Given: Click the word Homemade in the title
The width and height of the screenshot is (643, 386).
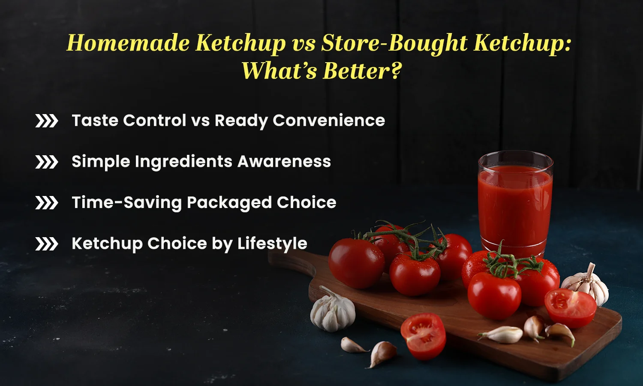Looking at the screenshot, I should point(128,43).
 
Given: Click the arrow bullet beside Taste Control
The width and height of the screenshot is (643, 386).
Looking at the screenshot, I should point(46,121).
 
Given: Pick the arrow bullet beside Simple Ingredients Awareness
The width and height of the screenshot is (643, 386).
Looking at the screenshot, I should point(46,162).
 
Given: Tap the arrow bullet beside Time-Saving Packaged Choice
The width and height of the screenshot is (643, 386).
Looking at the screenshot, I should point(46,203).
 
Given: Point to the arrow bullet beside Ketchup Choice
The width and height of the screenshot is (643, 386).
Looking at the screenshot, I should point(46,244).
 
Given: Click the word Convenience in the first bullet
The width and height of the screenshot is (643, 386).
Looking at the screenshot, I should point(329,121).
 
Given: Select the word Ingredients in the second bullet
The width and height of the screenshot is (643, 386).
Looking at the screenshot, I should point(184,162).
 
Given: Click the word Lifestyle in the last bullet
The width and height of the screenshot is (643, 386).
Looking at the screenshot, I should point(272,244).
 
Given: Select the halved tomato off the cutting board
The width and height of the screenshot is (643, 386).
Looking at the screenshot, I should point(423,335).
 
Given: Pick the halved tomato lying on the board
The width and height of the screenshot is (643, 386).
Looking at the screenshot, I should point(570,308).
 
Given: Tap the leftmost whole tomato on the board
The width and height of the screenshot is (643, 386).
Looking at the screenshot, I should point(356,263).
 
